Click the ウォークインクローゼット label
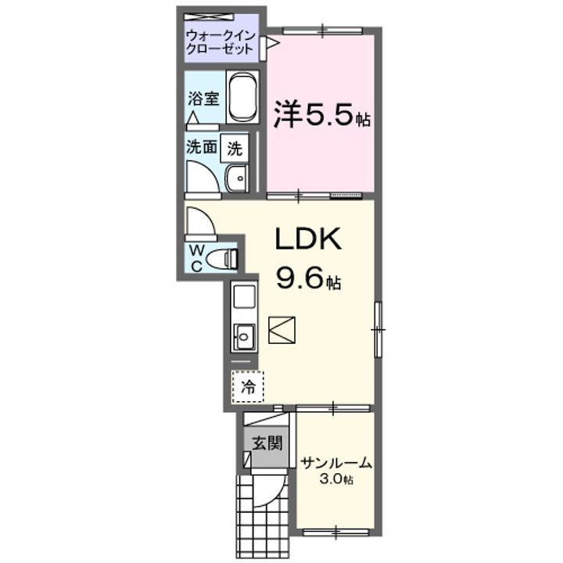pos(219,41)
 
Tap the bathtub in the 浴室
pos(242,98)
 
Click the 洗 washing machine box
pos(235,147)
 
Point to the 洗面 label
pos(202,147)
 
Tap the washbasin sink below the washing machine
pos(235,179)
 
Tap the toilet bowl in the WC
pos(224,258)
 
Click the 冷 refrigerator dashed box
pos(248,385)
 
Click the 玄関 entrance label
pos(266,443)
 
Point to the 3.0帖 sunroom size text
pos(335,479)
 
